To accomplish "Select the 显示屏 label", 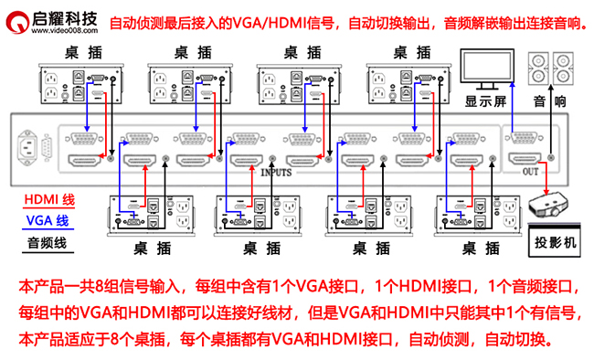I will pos(485,101).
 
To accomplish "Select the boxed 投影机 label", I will pos(556,244).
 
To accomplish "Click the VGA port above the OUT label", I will pos(524,139).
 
